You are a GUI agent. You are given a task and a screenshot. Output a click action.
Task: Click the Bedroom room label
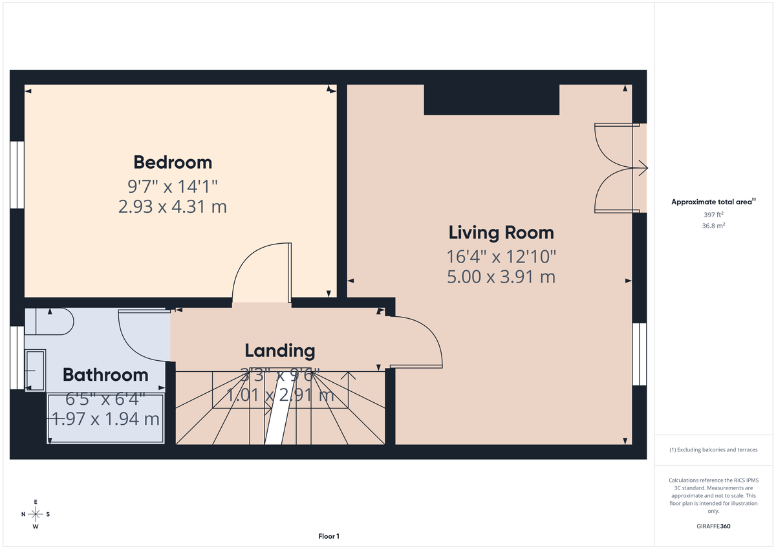click(x=173, y=162)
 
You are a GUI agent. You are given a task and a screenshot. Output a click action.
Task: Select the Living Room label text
click(x=501, y=232)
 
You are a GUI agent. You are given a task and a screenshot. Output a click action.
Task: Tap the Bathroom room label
click(x=105, y=374)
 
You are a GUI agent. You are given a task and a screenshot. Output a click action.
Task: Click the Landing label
click(x=279, y=351)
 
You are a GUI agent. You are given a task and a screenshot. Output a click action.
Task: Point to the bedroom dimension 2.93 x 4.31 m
click(x=173, y=207)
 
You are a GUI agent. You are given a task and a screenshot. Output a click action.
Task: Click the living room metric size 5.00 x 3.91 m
click(x=501, y=277)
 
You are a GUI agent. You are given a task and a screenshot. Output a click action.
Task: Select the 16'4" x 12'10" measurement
click(x=501, y=257)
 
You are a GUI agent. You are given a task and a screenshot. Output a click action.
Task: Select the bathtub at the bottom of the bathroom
click(x=105, y=419)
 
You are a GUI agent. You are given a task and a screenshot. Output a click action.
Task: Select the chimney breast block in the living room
click(x=491, y=100)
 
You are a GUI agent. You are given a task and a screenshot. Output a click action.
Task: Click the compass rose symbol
click(x=36, y=514)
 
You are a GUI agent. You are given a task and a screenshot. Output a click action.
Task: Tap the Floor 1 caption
click(x=329, y=536)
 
